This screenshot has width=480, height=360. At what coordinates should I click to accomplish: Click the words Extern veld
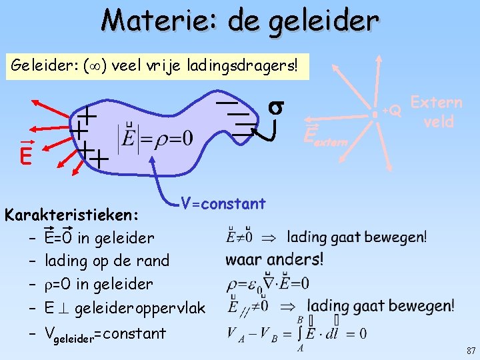tap(437, 112)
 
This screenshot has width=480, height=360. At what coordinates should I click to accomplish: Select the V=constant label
tap(223, 204)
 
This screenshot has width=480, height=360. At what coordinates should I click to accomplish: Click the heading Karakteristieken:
tap(72, 215)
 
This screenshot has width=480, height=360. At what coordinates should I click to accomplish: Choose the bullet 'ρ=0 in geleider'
tap(98, 284)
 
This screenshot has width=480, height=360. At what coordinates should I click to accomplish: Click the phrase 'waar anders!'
tap(274, 259)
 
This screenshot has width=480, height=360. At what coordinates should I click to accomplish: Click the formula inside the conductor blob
tap(156, 139)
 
